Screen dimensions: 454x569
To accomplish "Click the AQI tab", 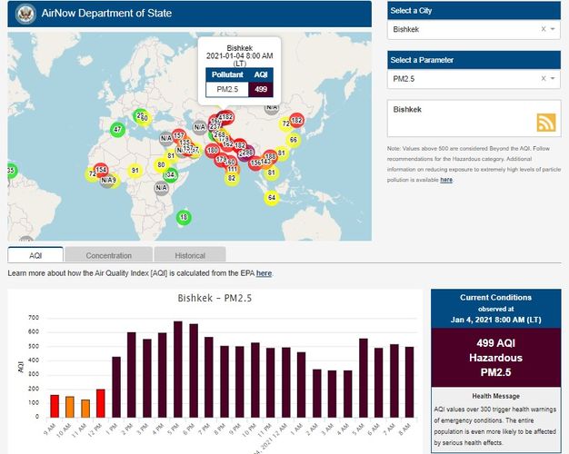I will (35, 255).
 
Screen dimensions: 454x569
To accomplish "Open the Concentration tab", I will (108, 255).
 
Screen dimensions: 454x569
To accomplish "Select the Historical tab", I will (190, 255).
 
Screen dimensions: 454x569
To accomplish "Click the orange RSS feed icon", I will (545, 123).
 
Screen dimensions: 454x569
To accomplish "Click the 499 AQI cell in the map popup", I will (261, 89).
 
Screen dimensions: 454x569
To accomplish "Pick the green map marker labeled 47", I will (117, 130).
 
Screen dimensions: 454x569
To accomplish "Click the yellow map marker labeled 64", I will (271, 197).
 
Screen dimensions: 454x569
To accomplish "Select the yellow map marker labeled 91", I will (135, 170).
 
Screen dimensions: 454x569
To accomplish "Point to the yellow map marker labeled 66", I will (293, 140).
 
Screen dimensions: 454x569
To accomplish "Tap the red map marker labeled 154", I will (101, 170).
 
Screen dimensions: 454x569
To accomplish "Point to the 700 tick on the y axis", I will (33, 317).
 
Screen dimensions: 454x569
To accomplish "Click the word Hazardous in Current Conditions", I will (496, 358).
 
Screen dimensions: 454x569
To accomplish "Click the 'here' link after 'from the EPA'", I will (264, 272).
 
